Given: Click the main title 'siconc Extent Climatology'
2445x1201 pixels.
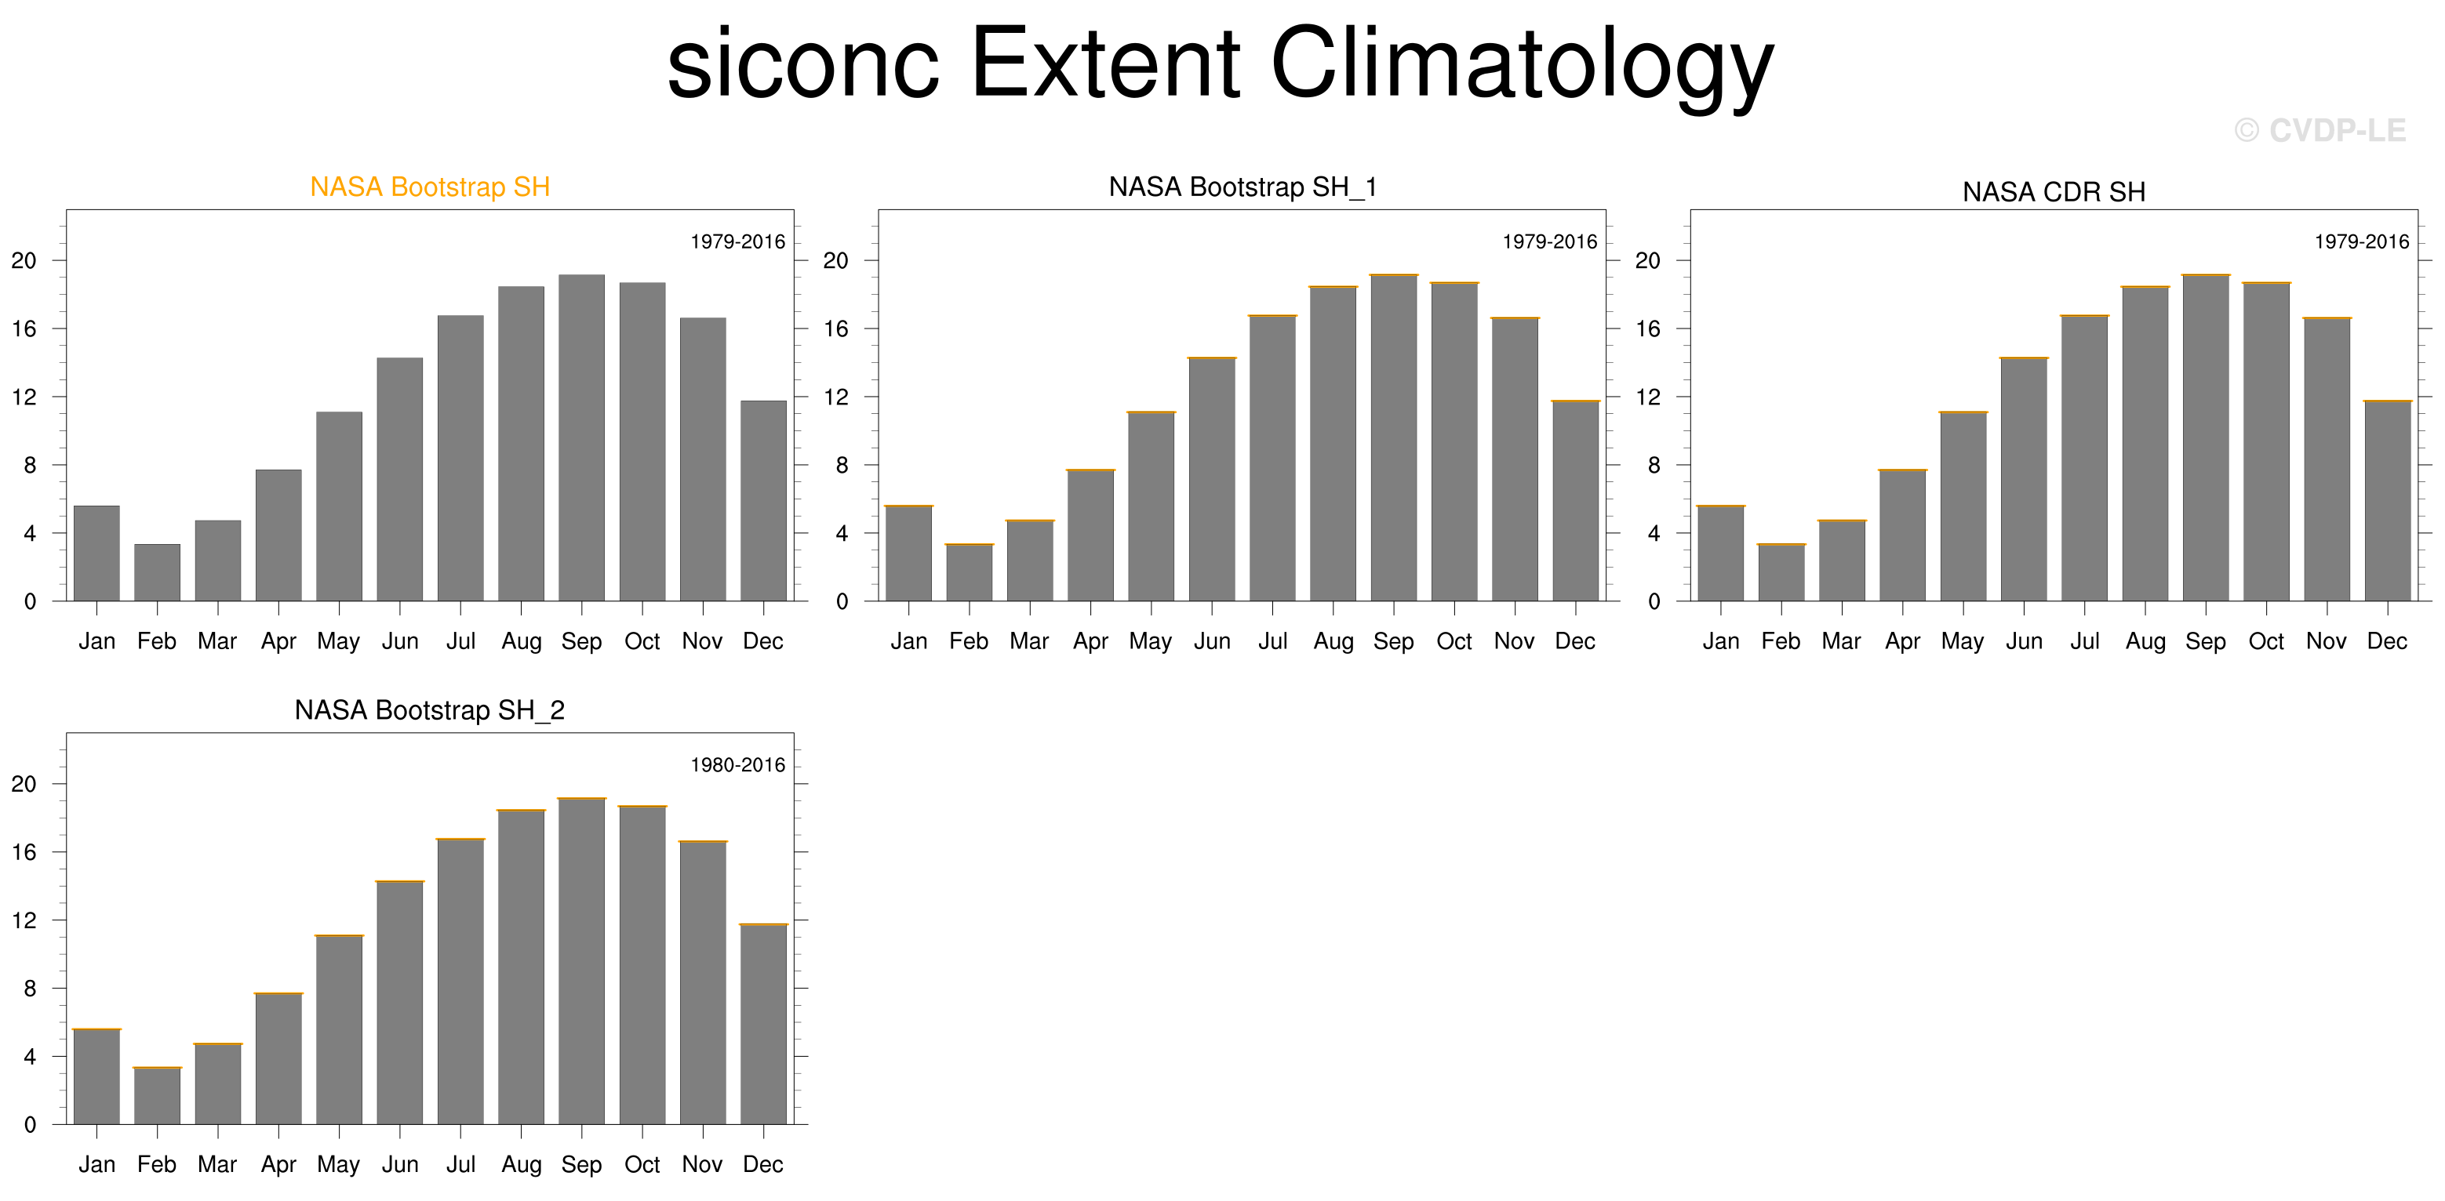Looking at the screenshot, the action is (x=1221, y=64).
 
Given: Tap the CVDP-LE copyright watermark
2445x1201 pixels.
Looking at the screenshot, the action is (x=2319, y=130).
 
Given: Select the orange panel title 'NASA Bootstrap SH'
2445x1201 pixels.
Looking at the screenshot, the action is (x=430, y=187).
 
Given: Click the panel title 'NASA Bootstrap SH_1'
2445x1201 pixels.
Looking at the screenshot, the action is (x=1243, y=187).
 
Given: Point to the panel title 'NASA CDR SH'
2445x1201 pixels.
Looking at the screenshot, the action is (x=2054, y=191).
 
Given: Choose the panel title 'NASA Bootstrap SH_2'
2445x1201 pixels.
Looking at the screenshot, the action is (x=430, y=709).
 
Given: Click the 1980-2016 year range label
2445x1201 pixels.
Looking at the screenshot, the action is (x=737, y=764).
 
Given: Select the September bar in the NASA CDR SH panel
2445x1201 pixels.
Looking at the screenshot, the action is (x=2206, y=437).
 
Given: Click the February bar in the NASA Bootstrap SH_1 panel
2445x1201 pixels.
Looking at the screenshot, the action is (x=969, y=572).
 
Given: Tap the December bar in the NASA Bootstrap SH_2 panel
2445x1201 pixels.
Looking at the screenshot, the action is (x=763, y=1024).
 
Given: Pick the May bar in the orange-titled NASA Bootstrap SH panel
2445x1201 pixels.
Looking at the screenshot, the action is (x=339, y=506).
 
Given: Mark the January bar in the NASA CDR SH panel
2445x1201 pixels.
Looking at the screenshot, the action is (x=1721, y=553).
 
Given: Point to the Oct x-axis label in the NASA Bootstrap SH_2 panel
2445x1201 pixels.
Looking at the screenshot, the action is (x=642, y=1164).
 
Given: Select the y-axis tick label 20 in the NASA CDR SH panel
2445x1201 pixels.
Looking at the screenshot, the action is (x=1648, y=260).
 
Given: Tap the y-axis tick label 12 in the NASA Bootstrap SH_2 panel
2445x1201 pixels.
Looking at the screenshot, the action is (x=24, y=920).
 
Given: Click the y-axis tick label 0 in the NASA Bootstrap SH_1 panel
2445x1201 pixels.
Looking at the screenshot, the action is (x=842, y=601).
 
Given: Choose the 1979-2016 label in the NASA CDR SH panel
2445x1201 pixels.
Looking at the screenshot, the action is (x=2362, y=242).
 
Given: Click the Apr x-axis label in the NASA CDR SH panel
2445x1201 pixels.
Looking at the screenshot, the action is (x=1903, y=642).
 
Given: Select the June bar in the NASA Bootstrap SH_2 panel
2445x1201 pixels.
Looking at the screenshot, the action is (x=399, y=1003).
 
